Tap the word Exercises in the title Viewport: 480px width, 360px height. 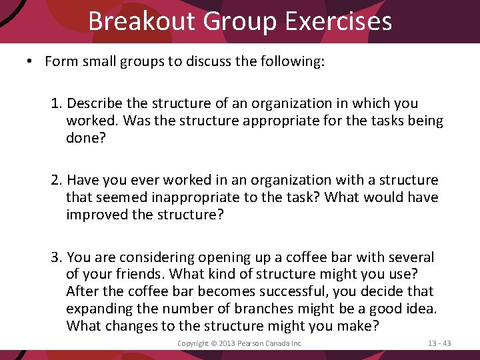[338, 21]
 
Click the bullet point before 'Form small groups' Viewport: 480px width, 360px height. [30, 62]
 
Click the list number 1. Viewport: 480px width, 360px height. [56, 103]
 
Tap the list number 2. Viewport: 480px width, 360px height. [56, 180]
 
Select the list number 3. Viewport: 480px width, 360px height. [56, 257]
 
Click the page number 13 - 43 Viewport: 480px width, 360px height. [439, 343]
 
